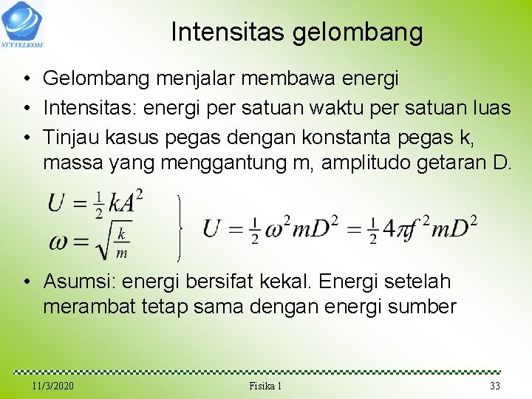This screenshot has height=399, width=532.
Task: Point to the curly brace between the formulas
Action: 180,228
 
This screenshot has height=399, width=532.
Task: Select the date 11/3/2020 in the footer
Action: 53,386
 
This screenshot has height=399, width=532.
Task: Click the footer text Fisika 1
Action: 266,386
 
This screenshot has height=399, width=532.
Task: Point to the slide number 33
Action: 495,386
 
